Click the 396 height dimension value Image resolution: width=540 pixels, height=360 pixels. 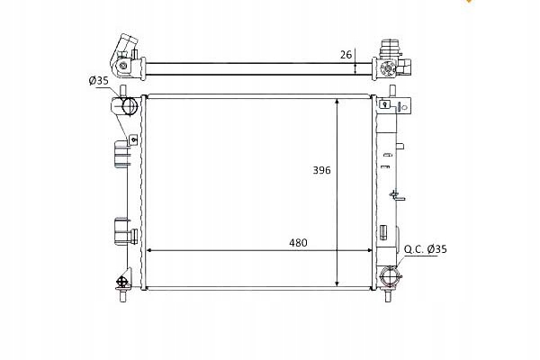321,170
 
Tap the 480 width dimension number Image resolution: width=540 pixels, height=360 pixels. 298,243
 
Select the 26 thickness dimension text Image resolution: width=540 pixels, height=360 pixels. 346,54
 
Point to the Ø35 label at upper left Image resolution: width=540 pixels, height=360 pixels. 98,81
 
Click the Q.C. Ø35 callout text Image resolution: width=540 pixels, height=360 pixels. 426,249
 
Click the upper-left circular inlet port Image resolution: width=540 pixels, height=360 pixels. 129,106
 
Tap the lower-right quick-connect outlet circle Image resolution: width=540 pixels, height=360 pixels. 389,276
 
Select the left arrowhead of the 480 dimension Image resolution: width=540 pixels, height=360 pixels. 149,250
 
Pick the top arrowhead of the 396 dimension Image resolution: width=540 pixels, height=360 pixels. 337,102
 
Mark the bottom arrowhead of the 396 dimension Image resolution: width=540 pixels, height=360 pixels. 337,283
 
